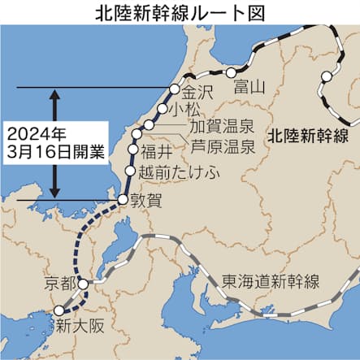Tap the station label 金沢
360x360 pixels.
(197, 92)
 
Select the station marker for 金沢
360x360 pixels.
(174, 89)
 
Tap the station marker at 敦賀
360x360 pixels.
(122, 199)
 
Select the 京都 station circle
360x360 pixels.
(84, 285)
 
